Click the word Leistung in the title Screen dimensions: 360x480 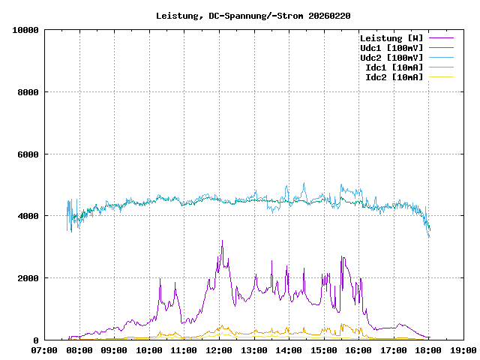tap(177, 16)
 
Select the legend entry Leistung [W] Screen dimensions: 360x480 tap(391, 38)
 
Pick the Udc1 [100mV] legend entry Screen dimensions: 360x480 tap(391, 48)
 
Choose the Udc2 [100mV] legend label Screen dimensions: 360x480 tap(391, 58)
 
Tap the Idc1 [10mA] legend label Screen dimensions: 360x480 tap(394, 67)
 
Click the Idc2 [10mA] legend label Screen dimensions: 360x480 tap(394, 77)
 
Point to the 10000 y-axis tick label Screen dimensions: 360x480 tap(25, 30)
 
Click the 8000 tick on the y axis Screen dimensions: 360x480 tap(28, 92)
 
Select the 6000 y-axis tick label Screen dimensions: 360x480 tap(28, 154)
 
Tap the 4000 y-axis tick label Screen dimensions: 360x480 tap(28, 216)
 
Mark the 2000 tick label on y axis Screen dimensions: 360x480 tap(28, 278)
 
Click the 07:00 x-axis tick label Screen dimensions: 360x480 tap(45, 350)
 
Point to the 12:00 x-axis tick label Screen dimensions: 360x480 tap(219, 350)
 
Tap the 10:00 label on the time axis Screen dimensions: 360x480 tap(149, 350)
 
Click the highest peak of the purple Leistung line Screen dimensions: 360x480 tap(223, 241)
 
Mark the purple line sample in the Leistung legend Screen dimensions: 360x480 tap(441, 38)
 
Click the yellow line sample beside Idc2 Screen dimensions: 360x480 tap(441, 77)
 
